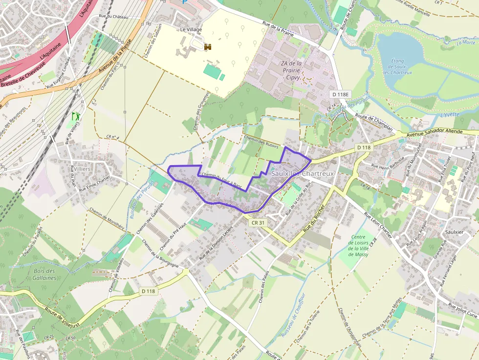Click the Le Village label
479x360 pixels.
[x=191, y=29]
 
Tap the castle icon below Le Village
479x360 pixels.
[x=208, y=47]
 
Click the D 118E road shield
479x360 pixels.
[x=341, y=94]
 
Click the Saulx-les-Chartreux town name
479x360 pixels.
[x=303, y=173]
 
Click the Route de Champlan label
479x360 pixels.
[x=374, y=120]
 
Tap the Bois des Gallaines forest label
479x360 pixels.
[x=45, y=274]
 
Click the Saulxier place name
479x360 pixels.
[x=454, y=232]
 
